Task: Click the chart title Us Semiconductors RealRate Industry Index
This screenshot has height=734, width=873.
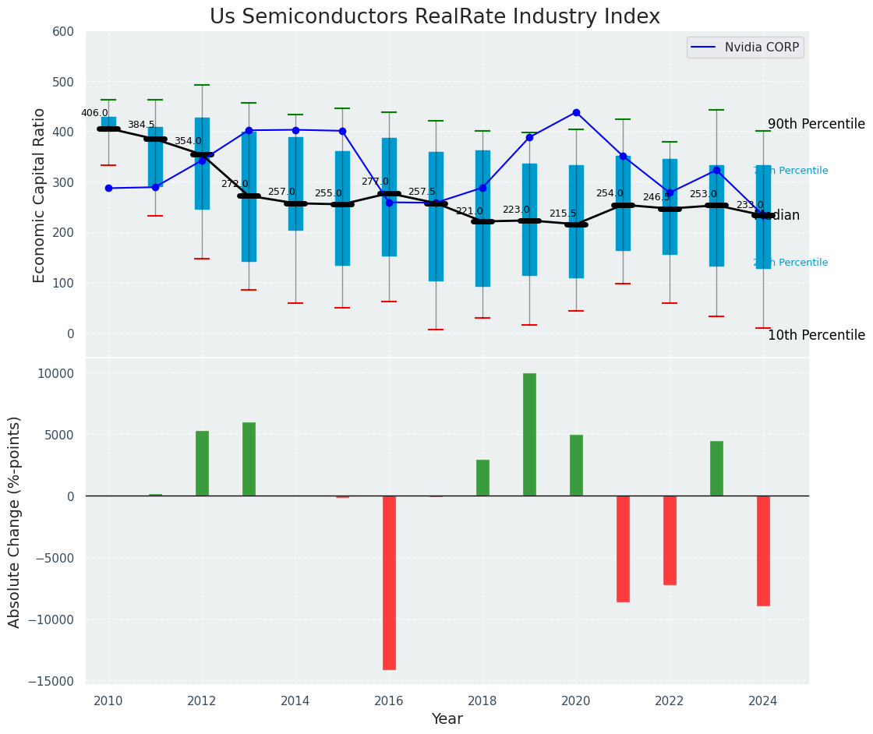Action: pos(435,17)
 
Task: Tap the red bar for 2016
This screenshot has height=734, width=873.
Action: pos(389,582)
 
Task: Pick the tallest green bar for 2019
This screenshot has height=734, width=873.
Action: pos(529,435)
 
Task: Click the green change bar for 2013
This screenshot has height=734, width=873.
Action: pos(249,459)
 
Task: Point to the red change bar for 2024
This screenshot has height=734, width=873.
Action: pos(763,550)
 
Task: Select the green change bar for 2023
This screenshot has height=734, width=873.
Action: pos(716,468)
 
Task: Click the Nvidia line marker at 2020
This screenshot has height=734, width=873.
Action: pos(576,112)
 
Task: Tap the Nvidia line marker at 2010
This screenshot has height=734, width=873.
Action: pos(108,188)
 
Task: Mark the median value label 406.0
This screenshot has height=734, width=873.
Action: pos(94,113)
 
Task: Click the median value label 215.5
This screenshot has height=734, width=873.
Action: pos(563,213)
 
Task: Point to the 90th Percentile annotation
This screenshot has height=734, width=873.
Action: pos(816,125)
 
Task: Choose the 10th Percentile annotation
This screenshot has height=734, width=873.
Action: pos(816,336)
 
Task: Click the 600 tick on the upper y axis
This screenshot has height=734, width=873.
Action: pos(63,32)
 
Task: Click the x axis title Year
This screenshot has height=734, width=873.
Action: pos(447,719)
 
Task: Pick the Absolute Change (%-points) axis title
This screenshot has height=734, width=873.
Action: pos(15,521)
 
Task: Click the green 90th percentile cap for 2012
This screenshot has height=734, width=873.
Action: pos(202,85)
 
